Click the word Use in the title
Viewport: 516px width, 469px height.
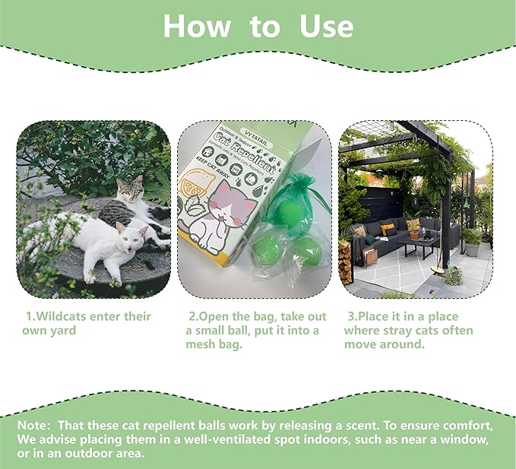coord(326,27)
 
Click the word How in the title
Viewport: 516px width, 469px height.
coord(198,27)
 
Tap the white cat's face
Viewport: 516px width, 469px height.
coord(134,239)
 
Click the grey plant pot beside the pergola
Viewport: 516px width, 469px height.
coord(472,249)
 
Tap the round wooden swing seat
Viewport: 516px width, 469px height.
coord(440,268)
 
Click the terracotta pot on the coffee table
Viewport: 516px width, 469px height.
coord(415,233)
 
